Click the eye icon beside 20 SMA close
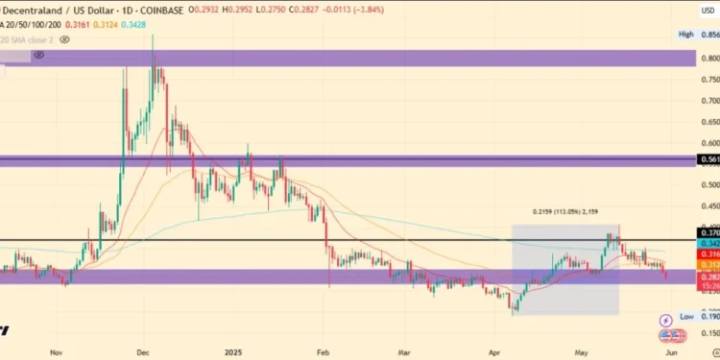(x=63, y=40)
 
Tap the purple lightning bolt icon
(x=667, y=320)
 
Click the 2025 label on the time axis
(x=231, y=352)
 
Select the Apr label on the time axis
(x=494, y=352)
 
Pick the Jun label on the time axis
(x=672, y=352)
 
